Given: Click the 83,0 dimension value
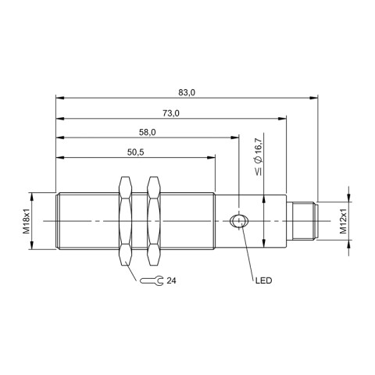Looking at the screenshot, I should pos(186,92).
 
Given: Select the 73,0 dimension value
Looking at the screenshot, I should pos(171,113).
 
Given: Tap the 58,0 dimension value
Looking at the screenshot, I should pos(147,134).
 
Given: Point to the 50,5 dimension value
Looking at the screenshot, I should pos(135,153).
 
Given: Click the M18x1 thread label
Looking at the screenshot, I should pos(27,221).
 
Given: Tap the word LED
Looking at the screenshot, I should pos(262,280).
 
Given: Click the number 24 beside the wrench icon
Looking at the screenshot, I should pos(172,280).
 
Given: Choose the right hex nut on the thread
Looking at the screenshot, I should pos(153,221).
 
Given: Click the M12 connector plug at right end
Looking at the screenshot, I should pos(303,221).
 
